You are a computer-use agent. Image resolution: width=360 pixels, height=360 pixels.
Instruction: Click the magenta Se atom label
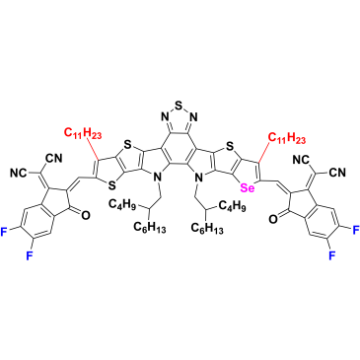coord(247,188)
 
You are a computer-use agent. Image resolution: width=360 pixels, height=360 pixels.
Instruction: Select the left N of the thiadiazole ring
coord(165,116)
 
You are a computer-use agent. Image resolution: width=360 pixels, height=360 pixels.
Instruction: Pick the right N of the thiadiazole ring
coord(193,116)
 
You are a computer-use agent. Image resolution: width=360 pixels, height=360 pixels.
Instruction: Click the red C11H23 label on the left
coord(83,133)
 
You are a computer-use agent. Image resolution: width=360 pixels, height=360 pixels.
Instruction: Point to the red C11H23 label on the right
coord(287,138)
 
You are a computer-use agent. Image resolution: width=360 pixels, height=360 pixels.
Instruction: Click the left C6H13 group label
coord(150,228)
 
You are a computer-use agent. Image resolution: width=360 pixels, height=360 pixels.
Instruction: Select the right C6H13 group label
coord(207,228)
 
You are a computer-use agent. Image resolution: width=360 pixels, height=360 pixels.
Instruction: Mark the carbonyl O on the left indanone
coord(86,215)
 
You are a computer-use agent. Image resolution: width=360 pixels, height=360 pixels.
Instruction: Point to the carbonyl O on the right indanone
coord(273,219)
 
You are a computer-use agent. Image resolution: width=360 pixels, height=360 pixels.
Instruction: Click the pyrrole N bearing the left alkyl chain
coord(159,179)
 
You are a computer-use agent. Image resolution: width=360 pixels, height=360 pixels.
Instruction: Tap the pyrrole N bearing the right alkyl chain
coord(198,179)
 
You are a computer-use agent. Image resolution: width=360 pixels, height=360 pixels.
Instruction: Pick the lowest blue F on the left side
coord(30,255)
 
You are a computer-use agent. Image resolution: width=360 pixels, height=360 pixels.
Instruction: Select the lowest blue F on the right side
coord(329,254)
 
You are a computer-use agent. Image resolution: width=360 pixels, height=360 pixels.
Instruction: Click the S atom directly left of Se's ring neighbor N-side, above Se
coord(230,145)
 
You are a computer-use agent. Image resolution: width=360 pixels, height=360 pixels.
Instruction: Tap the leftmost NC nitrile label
coord(19,173)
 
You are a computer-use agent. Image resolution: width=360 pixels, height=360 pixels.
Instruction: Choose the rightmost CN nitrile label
coord(338,172)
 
